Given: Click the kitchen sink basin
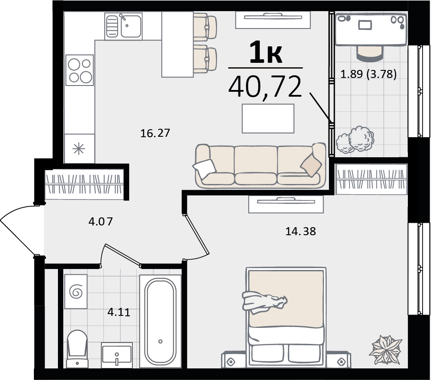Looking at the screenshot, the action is pos(131,26).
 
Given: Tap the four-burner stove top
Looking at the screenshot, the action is pos(80,70).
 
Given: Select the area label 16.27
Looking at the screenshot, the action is pos(155,133).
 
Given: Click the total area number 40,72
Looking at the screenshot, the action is pos(265,88).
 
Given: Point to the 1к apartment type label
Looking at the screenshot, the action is pos(266,53).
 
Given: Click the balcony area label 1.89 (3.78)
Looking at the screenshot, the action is pos(368,74).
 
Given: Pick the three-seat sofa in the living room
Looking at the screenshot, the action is pos(260,166).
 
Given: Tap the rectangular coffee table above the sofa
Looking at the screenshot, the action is pos(268,118).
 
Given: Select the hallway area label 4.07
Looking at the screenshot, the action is pos(101,221).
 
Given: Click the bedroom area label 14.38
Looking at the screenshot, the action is pos(301,231).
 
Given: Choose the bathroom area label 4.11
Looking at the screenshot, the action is pos(119,312).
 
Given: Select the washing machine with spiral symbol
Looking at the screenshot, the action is pos(76,291).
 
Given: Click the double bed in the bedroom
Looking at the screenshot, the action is pos(286,317).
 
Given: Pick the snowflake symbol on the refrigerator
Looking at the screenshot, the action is pos(78,149).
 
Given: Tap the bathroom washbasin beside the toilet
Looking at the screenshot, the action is pos(117,355).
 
